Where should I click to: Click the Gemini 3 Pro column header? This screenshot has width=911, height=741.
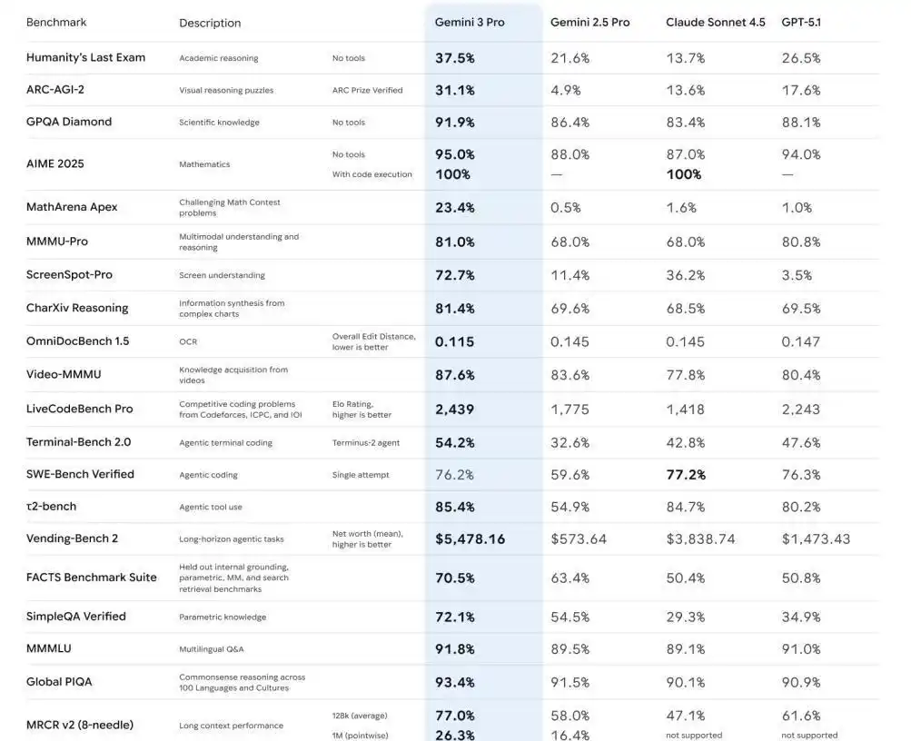[470, 22]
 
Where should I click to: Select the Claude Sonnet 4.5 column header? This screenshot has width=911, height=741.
[715, 22]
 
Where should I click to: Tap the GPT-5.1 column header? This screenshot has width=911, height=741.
[800, 22]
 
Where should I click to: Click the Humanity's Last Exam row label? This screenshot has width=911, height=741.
[85, 57]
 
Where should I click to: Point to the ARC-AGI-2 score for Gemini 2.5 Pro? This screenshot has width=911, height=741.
[570, 90]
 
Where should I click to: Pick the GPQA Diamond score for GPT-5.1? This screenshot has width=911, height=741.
[801, 122]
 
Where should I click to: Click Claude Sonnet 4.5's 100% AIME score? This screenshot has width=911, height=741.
[684, 174]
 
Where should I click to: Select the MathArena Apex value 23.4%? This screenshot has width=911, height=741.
[455, 207]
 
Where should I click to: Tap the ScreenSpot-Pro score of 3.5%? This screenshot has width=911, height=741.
[797, 275]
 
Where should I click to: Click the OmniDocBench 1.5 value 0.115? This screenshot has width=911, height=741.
[455, 341]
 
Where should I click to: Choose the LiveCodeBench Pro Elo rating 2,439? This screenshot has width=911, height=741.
[455, 410]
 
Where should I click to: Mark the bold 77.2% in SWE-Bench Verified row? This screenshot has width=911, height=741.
[686, 474]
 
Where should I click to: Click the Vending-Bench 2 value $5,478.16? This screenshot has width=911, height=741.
[470, 538]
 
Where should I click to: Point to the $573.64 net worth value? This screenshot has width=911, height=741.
[578, 538]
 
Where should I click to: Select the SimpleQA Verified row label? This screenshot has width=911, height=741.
[76, 617]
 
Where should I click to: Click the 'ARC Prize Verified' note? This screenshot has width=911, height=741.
[367, 90]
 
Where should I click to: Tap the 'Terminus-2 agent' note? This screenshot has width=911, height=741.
[365, 442]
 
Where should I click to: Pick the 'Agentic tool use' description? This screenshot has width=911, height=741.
[210, 507]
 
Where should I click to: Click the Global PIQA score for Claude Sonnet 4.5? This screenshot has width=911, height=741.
[686, 682]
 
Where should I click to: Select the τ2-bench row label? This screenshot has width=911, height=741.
[51, 506]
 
